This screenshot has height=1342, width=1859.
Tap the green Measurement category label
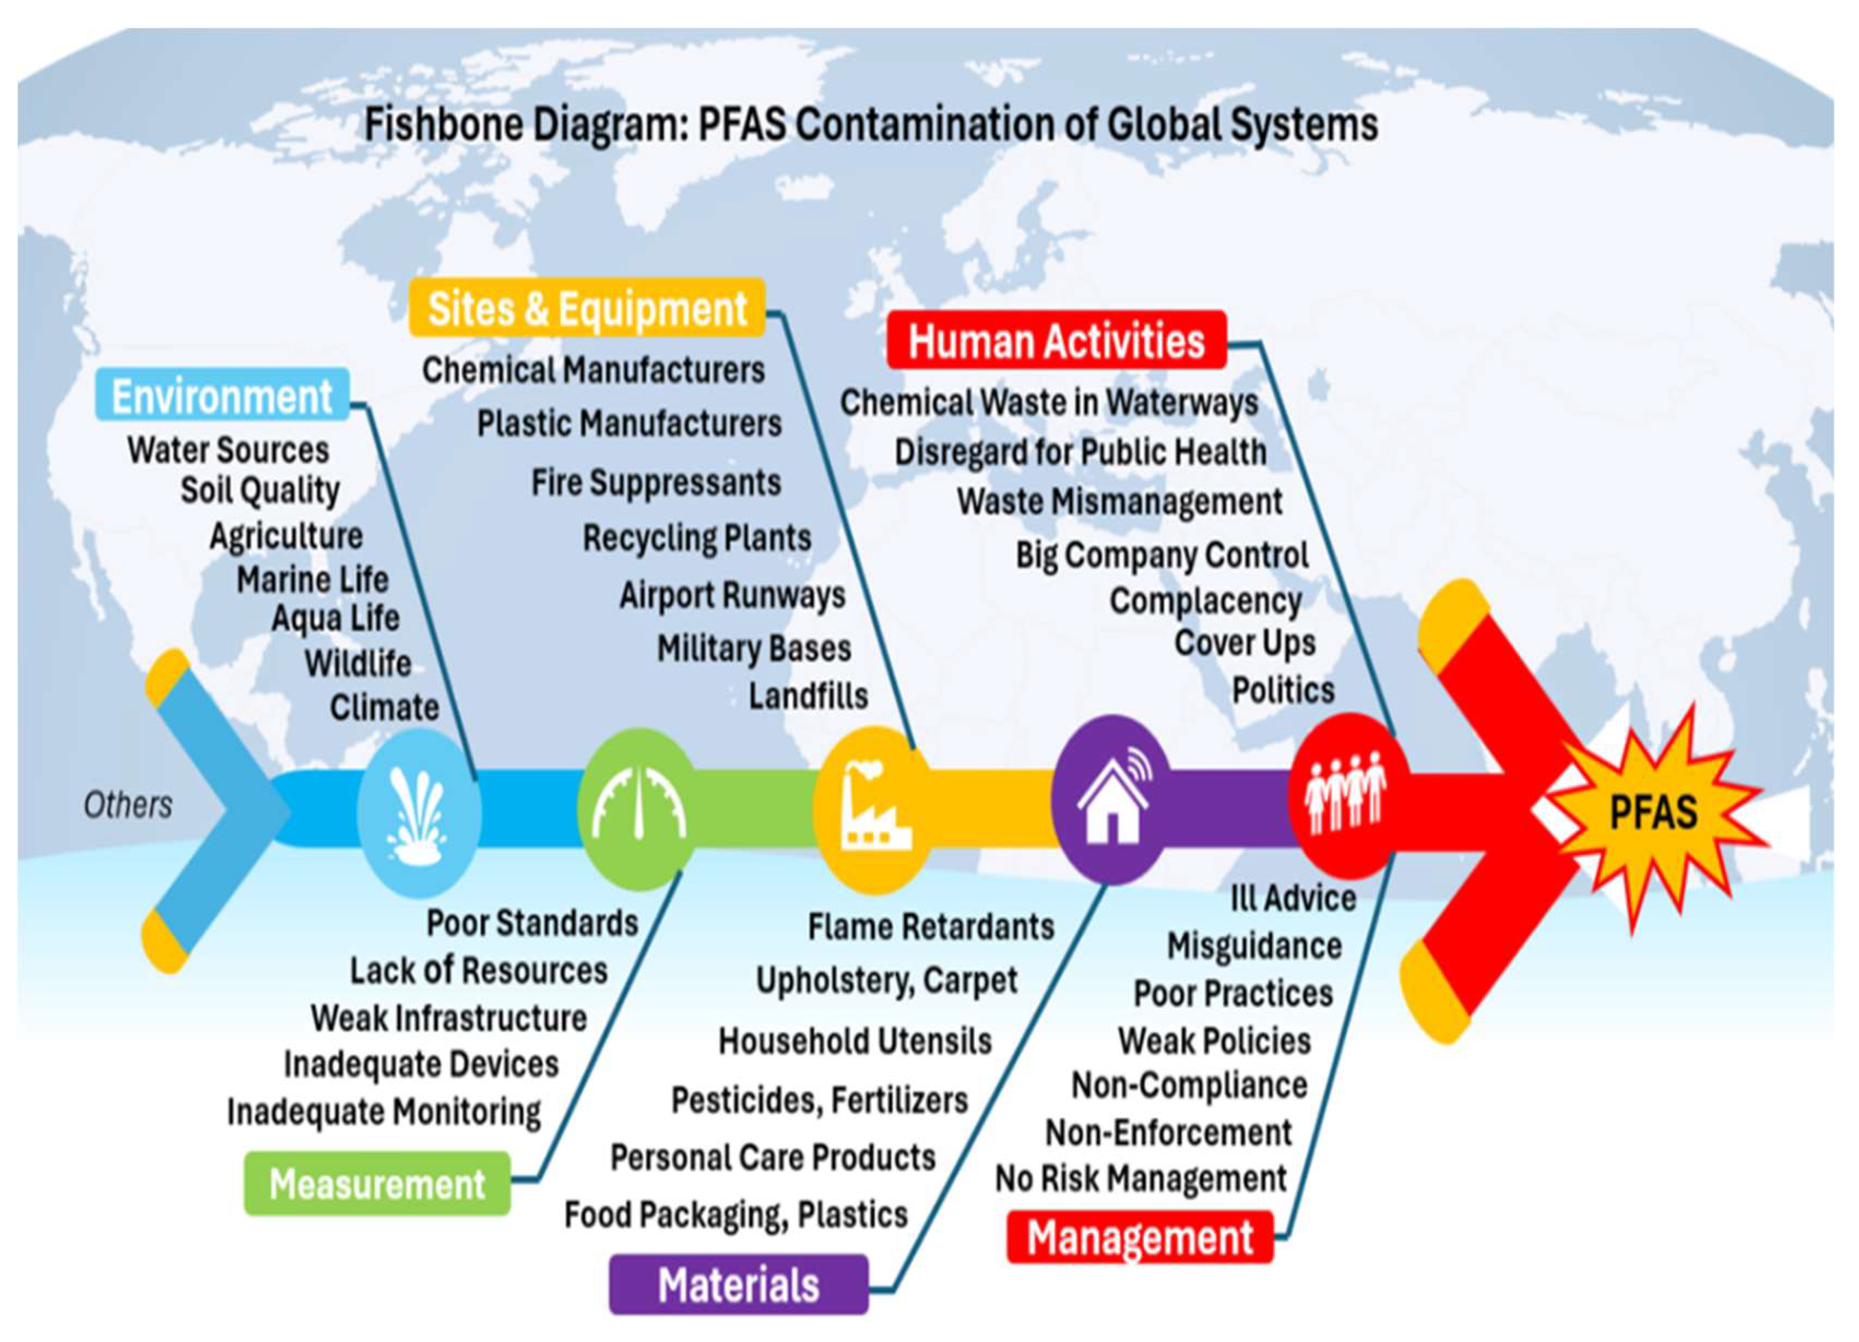[x=377, y=1184]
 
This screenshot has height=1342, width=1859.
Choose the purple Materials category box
[x=738, y=1284]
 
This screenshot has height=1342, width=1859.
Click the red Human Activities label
[x=1057, y=340]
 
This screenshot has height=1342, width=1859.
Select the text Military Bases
[x=754, y=648]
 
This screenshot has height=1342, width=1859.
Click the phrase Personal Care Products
[x=773, y=1157]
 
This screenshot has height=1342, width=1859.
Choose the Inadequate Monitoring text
[x=383, y=1113]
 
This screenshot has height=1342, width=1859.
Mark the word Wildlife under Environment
[x=358, y=663]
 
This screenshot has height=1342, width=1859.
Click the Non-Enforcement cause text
[x=1168, y=1132]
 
